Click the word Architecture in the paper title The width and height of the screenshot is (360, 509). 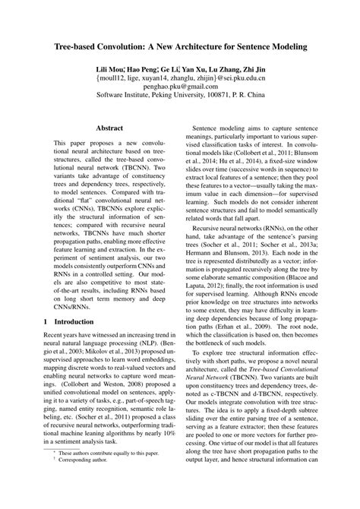click(x=209, y=46)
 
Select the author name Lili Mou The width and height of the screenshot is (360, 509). click(x=111, y=69)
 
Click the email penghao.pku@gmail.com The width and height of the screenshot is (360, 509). click(x=180, y=88)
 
